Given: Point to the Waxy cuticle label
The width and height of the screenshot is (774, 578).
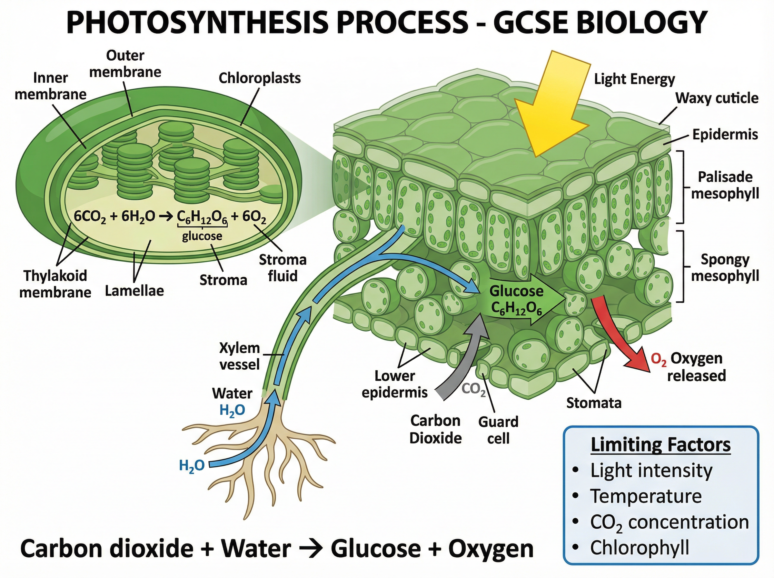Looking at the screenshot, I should point(717,98).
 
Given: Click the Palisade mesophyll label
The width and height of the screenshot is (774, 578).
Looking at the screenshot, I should point(725,185).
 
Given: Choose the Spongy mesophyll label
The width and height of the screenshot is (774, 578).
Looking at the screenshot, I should point(725,268).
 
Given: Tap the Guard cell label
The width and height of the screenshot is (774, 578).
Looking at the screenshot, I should point(498,430).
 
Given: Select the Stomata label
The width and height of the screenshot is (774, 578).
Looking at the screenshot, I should point(593,403).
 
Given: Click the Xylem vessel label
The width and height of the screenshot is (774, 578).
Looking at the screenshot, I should point(240,356).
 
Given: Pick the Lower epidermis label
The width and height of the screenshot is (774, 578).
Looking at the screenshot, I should point(394,384).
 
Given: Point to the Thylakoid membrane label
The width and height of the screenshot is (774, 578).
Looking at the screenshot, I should point(55,284).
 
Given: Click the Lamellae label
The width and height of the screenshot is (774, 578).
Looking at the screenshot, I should point(134,291).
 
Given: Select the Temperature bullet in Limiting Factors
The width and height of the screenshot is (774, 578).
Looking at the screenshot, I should point(646,496).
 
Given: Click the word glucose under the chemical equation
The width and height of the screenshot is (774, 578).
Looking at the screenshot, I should point(202,236).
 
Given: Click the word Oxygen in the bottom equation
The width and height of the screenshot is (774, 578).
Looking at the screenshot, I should point(491,549).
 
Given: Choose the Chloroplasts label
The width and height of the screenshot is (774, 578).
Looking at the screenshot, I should point(260,78).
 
